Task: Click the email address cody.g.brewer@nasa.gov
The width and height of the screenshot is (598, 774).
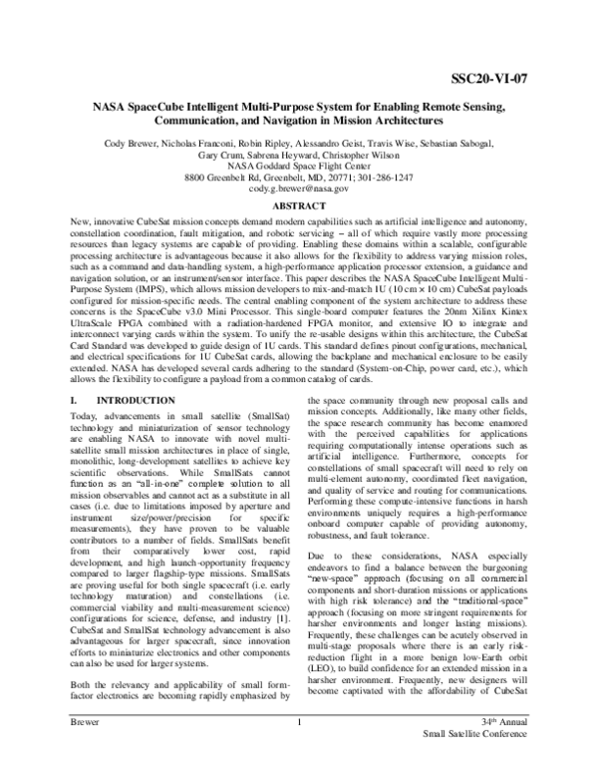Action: (x=299, y=188)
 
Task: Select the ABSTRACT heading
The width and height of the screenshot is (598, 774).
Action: (x=299, y=205)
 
